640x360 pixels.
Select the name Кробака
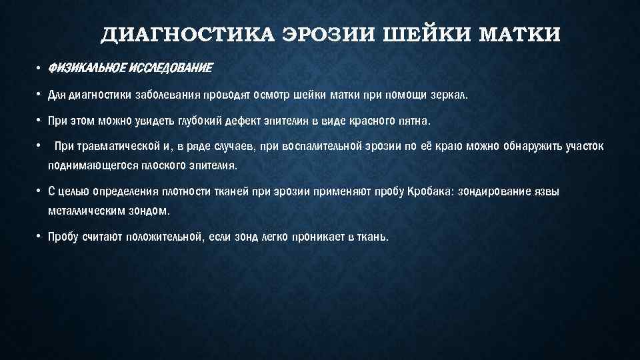coord(410,191)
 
